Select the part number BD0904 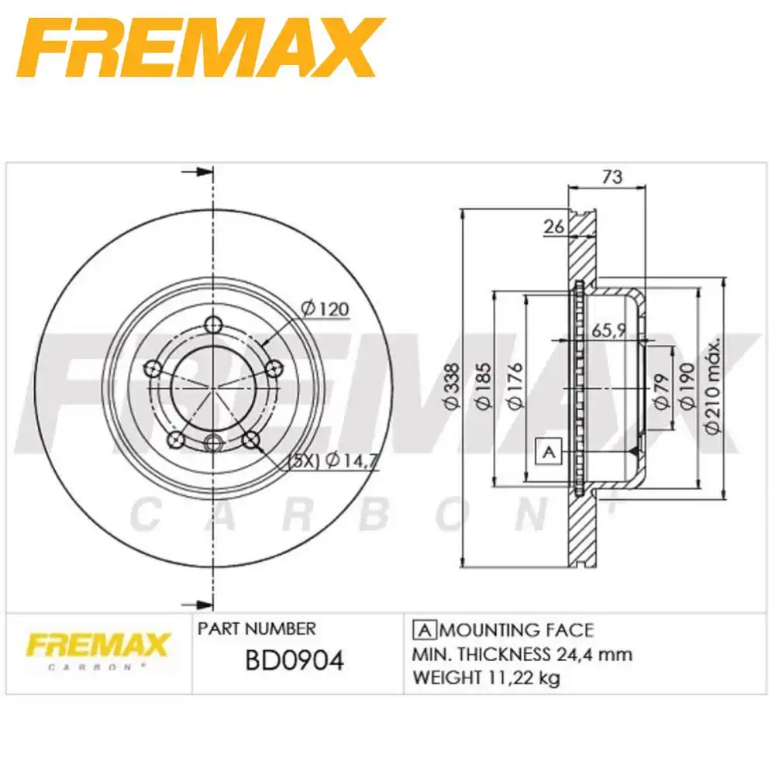click(x=294, y=660)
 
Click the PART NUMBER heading click(x=257, y=629)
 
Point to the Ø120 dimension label click(x=325, y=309)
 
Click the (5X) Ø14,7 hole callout click(x=332, y=460)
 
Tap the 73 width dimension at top click(x=611, y=177)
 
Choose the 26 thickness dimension click(x=553, y=227)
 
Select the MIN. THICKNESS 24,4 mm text click(x=522, y=654)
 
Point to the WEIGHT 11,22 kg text click(x=487, y=678)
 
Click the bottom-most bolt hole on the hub click(x=214, y=443)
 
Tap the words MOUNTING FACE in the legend click(x=516, y=630)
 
